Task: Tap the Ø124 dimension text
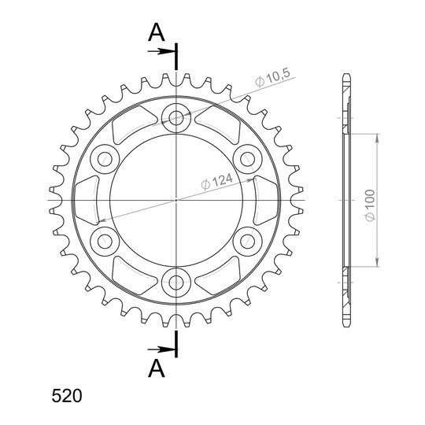click(217, 181)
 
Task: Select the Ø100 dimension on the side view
click(370, 205)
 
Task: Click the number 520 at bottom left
click(67, 395)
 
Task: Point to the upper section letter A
click(157, 32)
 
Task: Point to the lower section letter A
click(157, 368)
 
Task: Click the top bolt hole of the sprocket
click(176, 118)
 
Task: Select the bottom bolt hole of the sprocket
click(176, 283)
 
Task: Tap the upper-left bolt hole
click(105, 159)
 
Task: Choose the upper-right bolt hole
click(247, 159)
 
